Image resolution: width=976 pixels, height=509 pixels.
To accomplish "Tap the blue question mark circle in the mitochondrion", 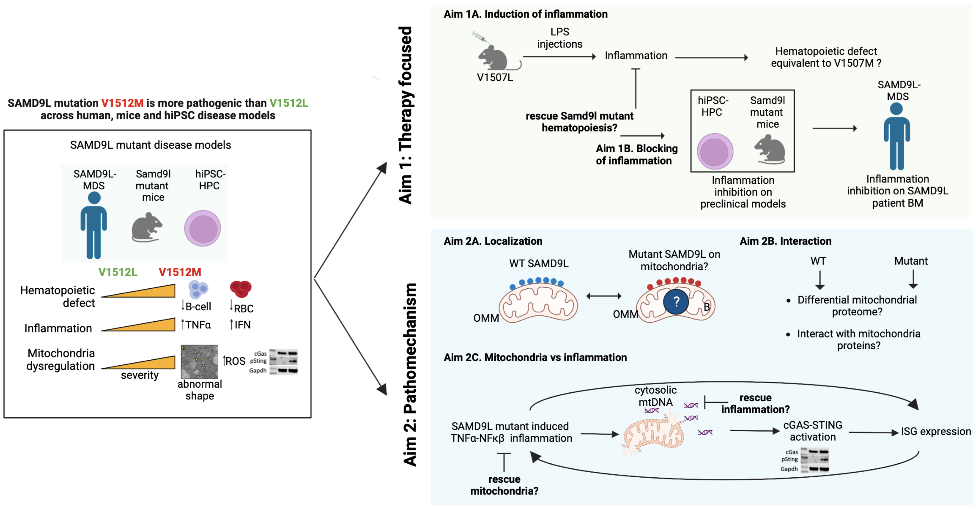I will pos(676,302).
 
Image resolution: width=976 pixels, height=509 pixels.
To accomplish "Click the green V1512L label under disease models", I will pos(118,272).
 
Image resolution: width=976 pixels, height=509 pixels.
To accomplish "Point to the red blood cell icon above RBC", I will pos(241,289).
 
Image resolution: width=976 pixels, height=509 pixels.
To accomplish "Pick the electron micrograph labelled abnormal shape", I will pos(199,362).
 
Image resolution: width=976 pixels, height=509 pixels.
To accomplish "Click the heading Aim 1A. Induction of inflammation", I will pos(525,14).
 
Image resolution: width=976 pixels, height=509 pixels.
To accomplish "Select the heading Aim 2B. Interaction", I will pos(786,241).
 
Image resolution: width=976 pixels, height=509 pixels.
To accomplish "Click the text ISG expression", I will pos(935,432).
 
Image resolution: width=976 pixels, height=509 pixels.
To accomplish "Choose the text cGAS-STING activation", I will pos(813,431).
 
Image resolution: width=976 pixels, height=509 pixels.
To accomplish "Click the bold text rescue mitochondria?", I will pos(504,485).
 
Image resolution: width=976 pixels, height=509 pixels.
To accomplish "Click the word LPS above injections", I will pos(560,32).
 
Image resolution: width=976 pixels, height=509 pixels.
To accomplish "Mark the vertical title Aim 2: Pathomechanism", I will pos(410,374).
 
